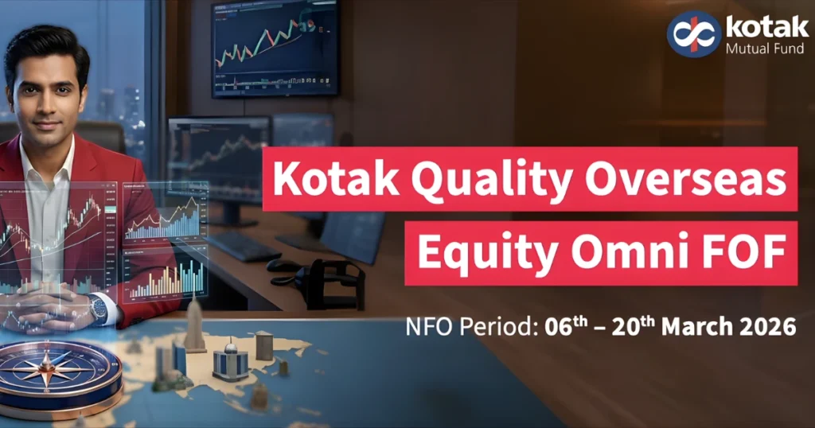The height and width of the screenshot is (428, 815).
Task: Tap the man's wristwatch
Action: pyautogui.click(x=98, y=309)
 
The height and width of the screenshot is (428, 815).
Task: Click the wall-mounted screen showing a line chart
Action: pyautogui.click(x=275, y=48)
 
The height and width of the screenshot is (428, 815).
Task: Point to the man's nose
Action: pyautogui.click(x=46, y=102)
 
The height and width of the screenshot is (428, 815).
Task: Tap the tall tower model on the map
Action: pyautogui.click(x=193, y=322)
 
